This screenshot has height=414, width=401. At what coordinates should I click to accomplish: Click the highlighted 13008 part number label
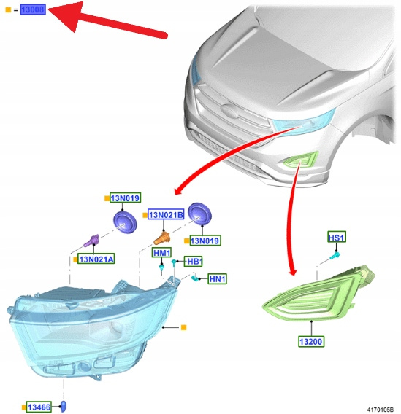pos(33,9)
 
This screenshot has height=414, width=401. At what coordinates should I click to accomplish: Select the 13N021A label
pos(96,259)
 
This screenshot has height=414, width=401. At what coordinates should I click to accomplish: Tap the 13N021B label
pos(166,215)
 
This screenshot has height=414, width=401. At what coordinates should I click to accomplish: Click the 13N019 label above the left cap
pos(125,198)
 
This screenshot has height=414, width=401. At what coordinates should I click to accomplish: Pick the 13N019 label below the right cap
pos(205,241)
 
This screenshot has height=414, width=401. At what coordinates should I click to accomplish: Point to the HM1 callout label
pos(162,253)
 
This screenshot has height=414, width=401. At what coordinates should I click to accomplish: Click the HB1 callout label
pos(194,262)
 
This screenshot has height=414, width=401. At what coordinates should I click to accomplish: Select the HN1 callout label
pos(217,279)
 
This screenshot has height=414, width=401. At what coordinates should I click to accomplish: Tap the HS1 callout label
pos(337,237)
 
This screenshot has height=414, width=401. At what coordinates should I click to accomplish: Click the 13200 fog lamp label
pos(311,341)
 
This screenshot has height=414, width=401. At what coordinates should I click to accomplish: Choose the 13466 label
pos(39,407)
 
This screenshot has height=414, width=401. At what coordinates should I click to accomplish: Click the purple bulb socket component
pos(91,241)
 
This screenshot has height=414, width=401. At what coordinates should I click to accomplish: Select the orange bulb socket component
pos(162,238)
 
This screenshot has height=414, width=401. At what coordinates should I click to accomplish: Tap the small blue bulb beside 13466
pos(64,406)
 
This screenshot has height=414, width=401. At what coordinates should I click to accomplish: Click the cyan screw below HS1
pos(335,256)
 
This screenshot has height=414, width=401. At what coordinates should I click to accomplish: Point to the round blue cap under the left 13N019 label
pos(125,222)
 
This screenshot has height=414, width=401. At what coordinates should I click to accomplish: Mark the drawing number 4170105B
pos(381,410)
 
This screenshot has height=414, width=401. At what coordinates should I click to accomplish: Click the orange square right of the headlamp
pos(183,327)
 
